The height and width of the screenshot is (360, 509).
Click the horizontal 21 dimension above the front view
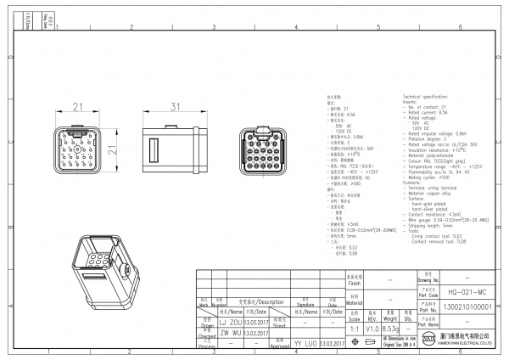(76, 107)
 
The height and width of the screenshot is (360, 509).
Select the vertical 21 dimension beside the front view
(111, 149)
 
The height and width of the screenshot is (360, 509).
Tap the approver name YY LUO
(304, 344)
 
